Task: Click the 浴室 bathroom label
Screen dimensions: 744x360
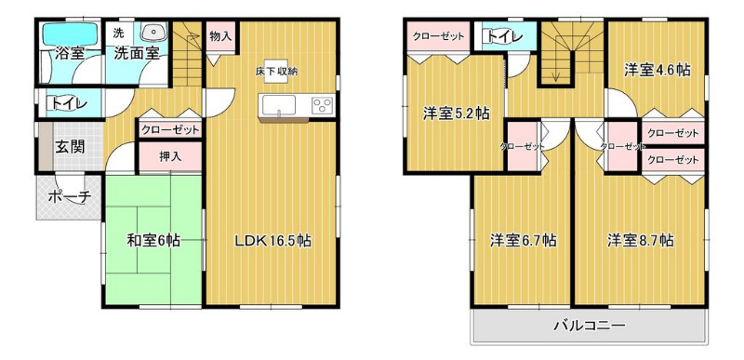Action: (69, 53)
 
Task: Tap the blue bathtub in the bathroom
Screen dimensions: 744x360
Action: (71, 33)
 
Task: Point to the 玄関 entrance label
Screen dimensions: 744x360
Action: (70, 147)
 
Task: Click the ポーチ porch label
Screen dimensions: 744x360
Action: (69, 196)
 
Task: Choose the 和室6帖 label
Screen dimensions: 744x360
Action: (153, 241)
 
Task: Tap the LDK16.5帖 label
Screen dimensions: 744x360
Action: (272, 241)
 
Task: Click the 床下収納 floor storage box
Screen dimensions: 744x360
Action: (276, 73)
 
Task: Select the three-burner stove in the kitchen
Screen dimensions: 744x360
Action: (323, 105)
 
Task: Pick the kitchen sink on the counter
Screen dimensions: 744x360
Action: (277, 104)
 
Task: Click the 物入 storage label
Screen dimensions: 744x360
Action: (220, 37)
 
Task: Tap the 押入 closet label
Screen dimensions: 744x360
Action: (170, 157)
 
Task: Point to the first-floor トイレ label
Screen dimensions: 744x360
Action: (66, 103)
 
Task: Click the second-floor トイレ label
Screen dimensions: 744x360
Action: (503, 36)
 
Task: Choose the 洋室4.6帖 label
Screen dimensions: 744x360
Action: (657, 70)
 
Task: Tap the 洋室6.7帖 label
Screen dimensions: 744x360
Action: (523, 241)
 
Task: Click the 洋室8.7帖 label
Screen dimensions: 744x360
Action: (640, 241)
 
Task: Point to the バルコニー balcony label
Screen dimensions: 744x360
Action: (590, 326)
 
